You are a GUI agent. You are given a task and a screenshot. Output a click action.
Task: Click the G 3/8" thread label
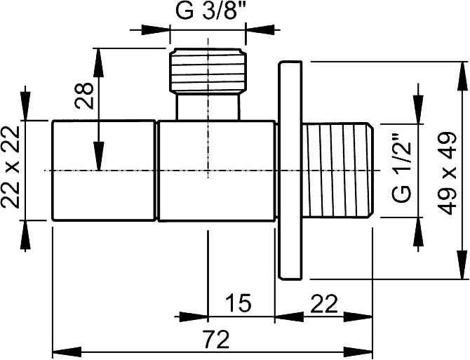(x=208, y=11)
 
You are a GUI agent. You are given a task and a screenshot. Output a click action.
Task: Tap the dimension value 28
(x=84, y=95)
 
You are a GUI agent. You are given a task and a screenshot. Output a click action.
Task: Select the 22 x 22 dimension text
(x=11, y=167)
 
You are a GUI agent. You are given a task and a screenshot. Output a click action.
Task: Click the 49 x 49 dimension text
(x=447, y=173)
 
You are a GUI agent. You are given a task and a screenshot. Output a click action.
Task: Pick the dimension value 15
(x=238, y=303)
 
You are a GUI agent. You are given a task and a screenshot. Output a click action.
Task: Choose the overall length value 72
(x=216, y=338)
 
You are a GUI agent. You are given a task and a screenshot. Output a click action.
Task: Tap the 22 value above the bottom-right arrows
(x=323, y=303)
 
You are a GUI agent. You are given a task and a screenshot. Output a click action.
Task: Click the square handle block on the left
(x=104, y=171)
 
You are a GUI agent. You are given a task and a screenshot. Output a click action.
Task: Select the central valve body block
(x=217, y=171)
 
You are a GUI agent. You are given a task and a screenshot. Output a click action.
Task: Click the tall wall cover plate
(x=290, y=171)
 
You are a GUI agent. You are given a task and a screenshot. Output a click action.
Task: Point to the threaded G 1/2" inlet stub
(x=338, y=171)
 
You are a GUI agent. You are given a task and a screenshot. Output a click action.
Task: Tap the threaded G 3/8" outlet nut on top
(x=208, y=72)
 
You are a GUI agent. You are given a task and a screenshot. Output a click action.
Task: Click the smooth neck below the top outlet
(x=208, y=107)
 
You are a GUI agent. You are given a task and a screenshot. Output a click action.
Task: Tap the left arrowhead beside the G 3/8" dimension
(x=156, y=29)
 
